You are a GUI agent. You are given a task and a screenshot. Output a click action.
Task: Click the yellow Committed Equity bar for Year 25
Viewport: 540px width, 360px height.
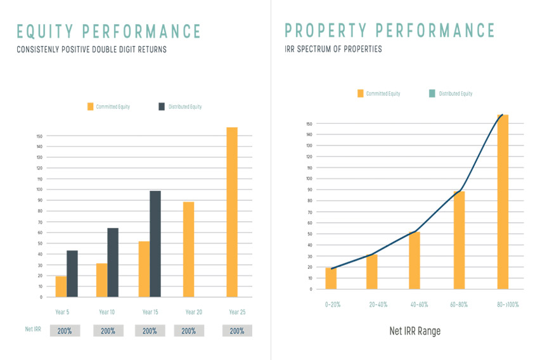[232, 212]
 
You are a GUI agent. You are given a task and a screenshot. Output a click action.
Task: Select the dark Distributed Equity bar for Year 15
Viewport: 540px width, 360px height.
[155, 244]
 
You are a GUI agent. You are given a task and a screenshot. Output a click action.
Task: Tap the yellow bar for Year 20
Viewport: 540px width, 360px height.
[189, 249]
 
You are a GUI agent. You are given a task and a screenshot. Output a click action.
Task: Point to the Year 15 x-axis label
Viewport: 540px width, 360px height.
[150, 312]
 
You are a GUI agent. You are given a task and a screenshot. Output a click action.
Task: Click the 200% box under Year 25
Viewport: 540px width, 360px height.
[237, 331]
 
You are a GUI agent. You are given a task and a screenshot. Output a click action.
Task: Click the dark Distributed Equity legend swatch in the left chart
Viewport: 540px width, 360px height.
[161, 106]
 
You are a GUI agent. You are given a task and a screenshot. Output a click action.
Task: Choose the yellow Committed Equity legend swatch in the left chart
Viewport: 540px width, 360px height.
[90, 106]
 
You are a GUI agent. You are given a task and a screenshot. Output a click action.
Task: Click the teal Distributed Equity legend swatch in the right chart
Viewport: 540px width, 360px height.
[432, 93]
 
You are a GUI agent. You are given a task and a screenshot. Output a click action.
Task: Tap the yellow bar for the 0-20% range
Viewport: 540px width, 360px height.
[331, 278]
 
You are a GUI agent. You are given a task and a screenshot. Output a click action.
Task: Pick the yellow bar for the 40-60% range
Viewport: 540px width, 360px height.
[415, 260]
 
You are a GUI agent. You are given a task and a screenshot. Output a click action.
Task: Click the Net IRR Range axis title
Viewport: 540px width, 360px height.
[415, 331]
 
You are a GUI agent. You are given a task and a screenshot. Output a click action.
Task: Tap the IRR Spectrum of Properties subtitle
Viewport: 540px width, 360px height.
[333, 49]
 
